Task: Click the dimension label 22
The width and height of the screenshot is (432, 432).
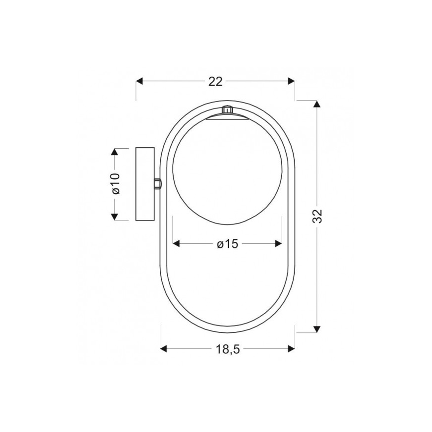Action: tap(215, 82)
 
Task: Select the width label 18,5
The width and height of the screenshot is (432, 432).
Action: tap(228, 349)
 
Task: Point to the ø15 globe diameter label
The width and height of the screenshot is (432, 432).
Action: tap(228, 244)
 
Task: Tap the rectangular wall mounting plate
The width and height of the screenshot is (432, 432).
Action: tap(145, 184)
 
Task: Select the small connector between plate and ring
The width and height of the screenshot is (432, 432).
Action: tap(157, 184)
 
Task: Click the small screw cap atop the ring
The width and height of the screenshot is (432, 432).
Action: tap(227, 109)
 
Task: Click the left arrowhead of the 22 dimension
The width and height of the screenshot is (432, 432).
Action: tap(140, 81)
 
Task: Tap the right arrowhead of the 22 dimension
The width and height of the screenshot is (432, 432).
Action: tap(291, 81)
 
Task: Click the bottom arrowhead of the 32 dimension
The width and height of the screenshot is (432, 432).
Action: tap(317, 328)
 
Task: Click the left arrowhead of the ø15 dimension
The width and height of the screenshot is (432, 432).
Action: tap(176, 243)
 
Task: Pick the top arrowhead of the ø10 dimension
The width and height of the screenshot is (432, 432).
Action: tap(114, 152)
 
